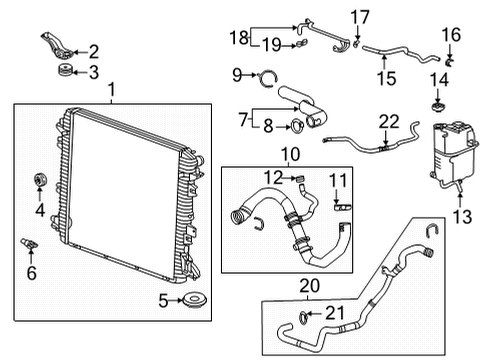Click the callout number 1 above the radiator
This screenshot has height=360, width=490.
111,91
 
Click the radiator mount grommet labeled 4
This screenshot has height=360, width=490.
41,180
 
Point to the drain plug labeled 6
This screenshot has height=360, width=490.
28,245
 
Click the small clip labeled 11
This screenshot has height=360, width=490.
340,206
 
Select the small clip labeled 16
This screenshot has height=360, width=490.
451,61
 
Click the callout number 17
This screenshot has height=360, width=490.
360,15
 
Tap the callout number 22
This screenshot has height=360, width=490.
388,121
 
